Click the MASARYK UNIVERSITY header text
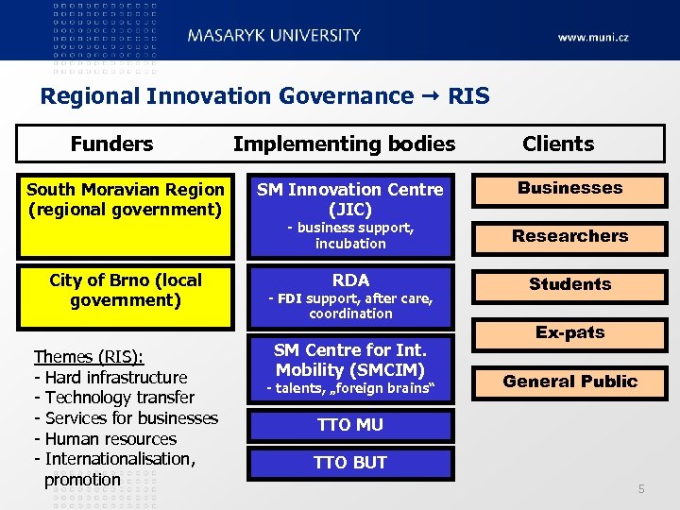pyautogui.click(x=274, y=36)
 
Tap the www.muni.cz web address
pyautogui.click(x=592, y=38)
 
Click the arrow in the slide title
pyautogui.click(x=431, y=96)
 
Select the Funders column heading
pyautogui.click(x=111, y=144)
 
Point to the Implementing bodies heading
pyautogui.click(x=344, y=144)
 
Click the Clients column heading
pyautogui.click(x=558, y=144)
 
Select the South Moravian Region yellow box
pyautogui.click(x=126, y=215)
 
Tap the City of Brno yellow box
pyautogui.click(x=126, y=297)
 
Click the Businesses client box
pyautogui.click(x=569, y=188)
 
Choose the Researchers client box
pyautogui.click(x=569, y=236)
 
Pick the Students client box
pyautogui.click(x=569, y=284)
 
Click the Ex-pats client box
pyautogui.click(x=569, y=332)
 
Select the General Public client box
pyautogui.click(x=569, y=382)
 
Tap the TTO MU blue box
pyautogui.click(x=350, y=425)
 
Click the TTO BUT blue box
pyautogui.click(x=350, y=463)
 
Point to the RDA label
pyautogui.click(x=350, y=280)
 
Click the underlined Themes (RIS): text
pyautogui.click(x=89, y=356)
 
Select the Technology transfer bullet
pyautogui.click(x=113, y=398)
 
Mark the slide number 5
pyautogui.click(x=641, y=488)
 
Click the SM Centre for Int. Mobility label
pyautogui.click(x=350, y=360)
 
